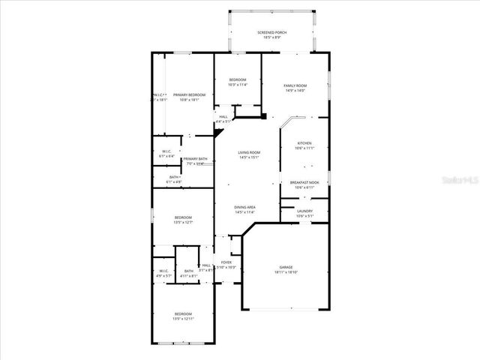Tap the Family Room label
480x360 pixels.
295,86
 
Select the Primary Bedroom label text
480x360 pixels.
190,94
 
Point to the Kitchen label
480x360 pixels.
304,143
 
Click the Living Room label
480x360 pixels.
248,152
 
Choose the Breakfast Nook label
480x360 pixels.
304,182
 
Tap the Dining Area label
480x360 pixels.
245,207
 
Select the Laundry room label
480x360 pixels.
304,211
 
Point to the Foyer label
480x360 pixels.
226,262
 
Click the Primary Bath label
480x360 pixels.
195,159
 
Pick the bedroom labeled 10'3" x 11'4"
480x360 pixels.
237,82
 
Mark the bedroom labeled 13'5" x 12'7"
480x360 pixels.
183,220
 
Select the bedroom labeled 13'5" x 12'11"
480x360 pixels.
183,316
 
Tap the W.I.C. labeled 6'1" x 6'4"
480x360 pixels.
166,151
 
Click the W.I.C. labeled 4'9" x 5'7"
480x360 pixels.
164,274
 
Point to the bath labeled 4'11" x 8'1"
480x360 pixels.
188,273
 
